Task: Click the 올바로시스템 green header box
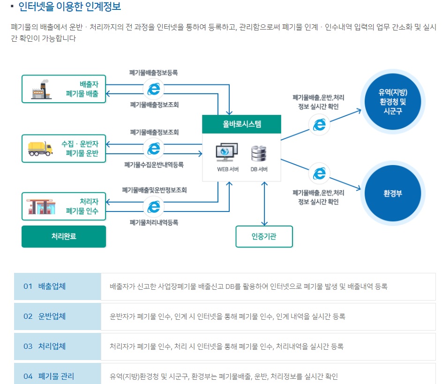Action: point(241,124)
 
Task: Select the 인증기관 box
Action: point(264,236)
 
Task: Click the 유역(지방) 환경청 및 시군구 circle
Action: point(393,101)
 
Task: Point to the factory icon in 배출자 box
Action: point(41,89)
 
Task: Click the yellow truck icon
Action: point(40,148)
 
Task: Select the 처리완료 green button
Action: point(64,236)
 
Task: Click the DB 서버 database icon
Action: point(259,153)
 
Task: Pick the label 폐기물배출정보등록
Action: point(154,73)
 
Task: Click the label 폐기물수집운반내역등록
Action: point(154,165)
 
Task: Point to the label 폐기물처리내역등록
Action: point(154,222)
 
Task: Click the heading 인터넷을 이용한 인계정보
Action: point(69,7)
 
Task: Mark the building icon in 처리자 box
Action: point(41,206)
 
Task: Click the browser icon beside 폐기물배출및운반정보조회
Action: point(153,206)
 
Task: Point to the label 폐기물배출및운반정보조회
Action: point(154,190)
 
